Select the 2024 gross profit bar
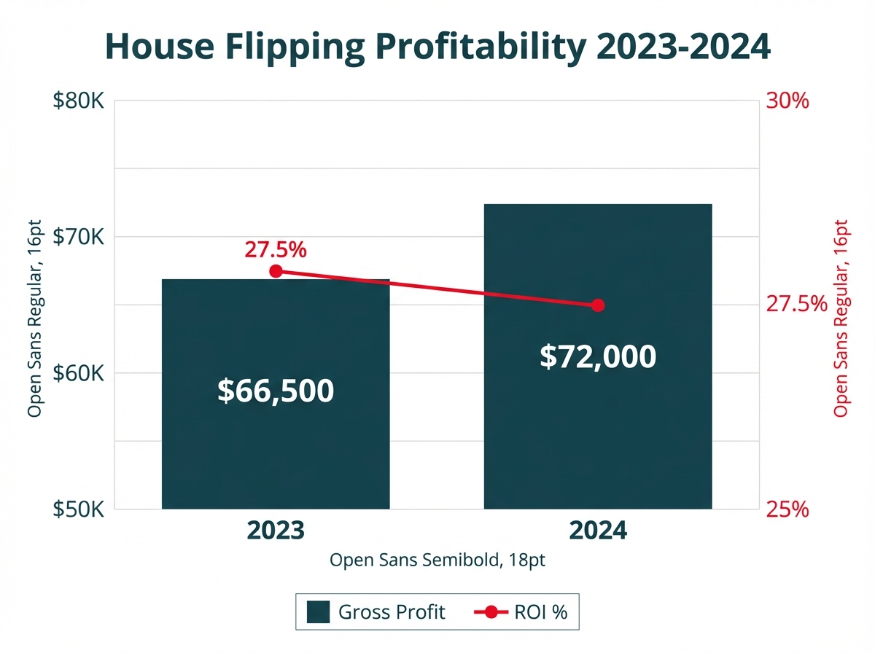point(598,437)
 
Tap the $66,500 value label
point(276,391)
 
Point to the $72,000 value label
point(598,356)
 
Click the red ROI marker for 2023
point(276,271)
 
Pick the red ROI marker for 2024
point(598,305)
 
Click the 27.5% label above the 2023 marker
point(275,250)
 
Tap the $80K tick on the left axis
point(79,101)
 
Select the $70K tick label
point(79,237)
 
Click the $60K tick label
point(79,373)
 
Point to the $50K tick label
point(79,509)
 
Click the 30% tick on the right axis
point(787,101)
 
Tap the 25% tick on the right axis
point(787,509)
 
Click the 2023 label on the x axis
point(275,531)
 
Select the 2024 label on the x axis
point(598,531)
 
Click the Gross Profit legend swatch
point(318,611)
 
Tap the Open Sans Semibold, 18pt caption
point(437,560)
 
